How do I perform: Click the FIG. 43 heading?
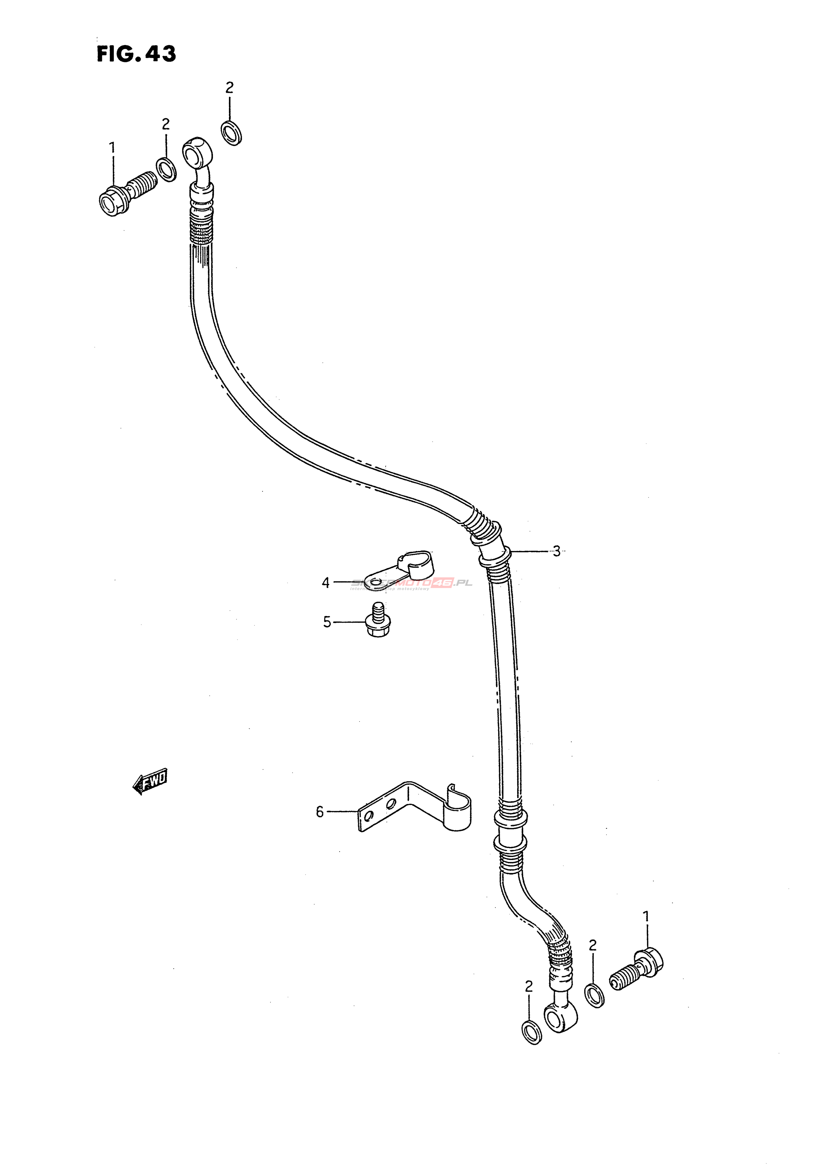pos(136,54)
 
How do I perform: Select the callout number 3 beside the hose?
pos(556,551)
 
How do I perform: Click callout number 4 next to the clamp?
pos(326,582)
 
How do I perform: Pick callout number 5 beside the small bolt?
pos(327,622)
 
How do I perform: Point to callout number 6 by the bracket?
pos(320,811)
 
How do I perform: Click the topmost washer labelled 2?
pos(232,133)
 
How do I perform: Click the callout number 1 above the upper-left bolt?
pos(112,148)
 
